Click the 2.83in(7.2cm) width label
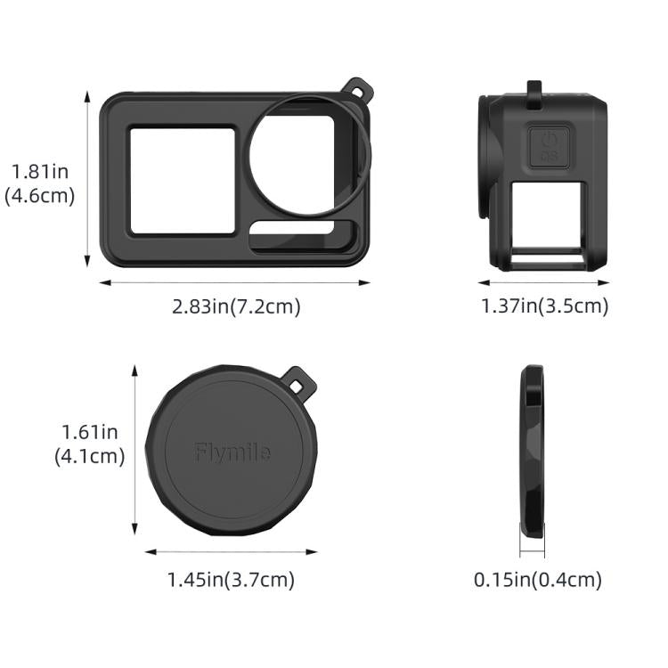(236, 306)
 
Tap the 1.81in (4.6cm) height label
(40, 183)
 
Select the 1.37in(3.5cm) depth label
(544, 306)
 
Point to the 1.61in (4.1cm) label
(89, 444)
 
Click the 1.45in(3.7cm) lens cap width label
(231, 580)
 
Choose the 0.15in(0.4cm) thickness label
(537, 580)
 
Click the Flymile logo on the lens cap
(232, 452)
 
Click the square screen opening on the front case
(183, 181)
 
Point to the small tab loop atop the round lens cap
(301, 378)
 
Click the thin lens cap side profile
(533, 452)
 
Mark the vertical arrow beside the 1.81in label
(87, 178)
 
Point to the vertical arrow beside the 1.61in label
(134, 450)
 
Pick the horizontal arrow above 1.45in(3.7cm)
(231, 552)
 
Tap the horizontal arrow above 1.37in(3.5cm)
(544, 283)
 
